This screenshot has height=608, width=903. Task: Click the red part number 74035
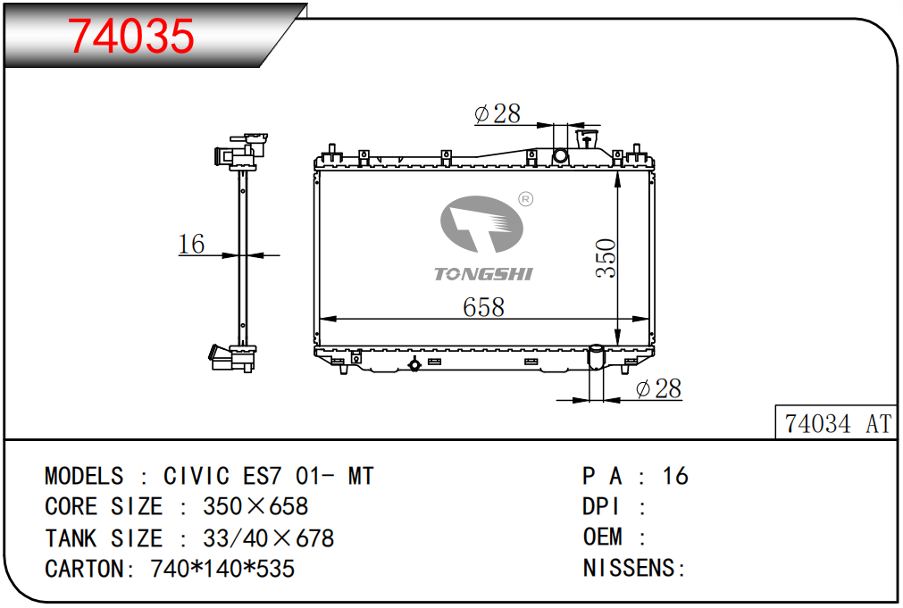pyautogui.click(x=131, y=36)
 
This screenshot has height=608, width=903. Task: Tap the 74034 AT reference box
pyautogui.click(x=836, y=422)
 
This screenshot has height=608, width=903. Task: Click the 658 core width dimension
pyautogui.click(x=484, y=307)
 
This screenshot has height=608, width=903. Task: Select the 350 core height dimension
pyautogui.click(x=606, y=259)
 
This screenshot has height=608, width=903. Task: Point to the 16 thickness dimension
pyautogui.click(x=191, y=244)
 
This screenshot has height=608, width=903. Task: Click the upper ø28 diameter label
pyautogui.click(x=497, y=113)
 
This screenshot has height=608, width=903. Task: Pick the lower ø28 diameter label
pyautogui.click(x=658, y=388)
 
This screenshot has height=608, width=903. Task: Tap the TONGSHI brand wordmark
pyautogui.click(x=483, y=274)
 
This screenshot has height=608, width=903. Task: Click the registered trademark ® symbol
pyautogui.click(x=526, y=199)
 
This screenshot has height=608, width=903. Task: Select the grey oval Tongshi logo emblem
pyautogui.click(x=481, y=224)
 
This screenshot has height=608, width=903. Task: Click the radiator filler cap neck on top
pyautogui.click(x=587, y=140)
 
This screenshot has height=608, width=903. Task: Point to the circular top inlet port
pyautogui.click(x=560, y=155)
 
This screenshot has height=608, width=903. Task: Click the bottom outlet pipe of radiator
pyautogui.click(x=596, y=357)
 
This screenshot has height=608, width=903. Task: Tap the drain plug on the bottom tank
pyautogui.click(x=414, y=364)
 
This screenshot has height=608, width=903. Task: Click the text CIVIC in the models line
pyautogui.click(x=196, y=476)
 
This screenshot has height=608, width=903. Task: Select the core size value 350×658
pyautogui.click(x=255, y=507)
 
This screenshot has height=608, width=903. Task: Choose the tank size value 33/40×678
pyautogui.click(x=268, y=538)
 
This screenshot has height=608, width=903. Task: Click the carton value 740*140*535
pyautogui.click(x=222, y=569)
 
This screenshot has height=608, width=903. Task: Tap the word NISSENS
pyautogui.click(x=628, y=569)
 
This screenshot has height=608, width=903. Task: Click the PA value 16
pyautogui.click(x=675, y=476)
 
